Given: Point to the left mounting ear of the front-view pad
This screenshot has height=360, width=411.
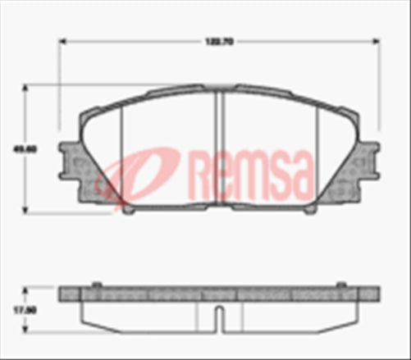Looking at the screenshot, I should (71, 160).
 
